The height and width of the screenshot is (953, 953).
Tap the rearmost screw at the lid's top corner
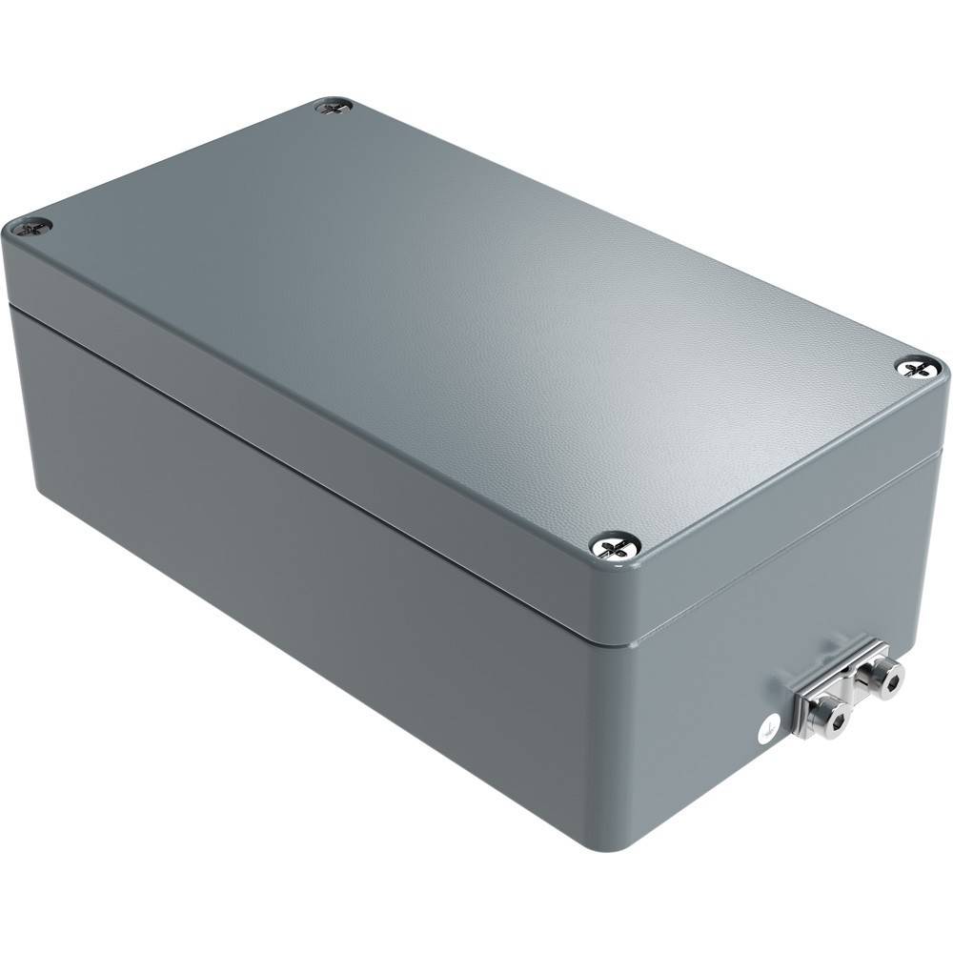(x=334, y=108)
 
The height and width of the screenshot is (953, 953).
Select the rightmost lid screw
(x=917, y=366)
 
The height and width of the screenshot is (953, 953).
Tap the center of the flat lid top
(x=476, y=324)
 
